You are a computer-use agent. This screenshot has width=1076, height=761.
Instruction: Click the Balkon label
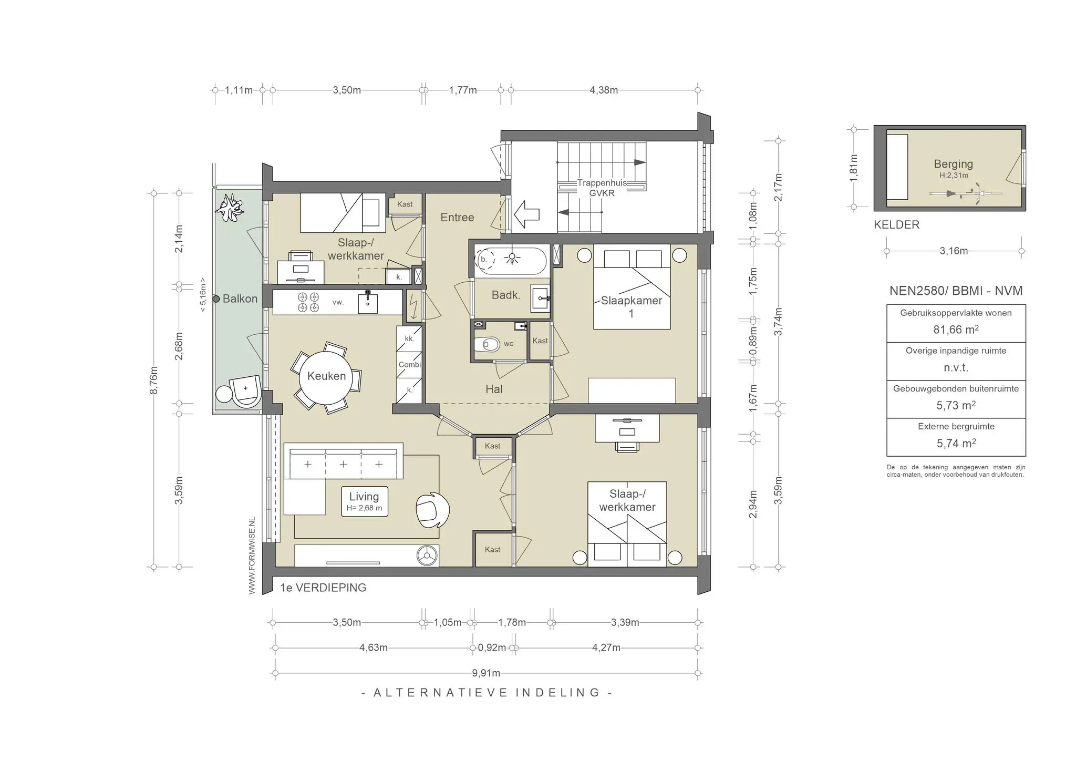[x=240, y=299]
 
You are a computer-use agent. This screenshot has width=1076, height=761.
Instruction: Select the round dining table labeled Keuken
[x=326, y=376]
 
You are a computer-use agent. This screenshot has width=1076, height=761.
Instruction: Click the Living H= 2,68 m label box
[x=364, y=501]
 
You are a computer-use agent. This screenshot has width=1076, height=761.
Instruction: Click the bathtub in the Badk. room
[x=511, y=260]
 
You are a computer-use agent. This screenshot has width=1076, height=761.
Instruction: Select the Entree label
[x=457, y=217]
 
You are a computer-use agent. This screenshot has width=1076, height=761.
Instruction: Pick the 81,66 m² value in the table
[x=956, y=330]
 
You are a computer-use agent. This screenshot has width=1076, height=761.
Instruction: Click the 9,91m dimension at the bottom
[x=486, y=673]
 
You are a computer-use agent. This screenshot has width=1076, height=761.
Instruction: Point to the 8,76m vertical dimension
[x=154, y=380]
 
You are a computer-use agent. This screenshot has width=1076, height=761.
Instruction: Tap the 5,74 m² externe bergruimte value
[x=956, y=443]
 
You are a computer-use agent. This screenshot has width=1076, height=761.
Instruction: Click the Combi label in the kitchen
[x=409, y=364]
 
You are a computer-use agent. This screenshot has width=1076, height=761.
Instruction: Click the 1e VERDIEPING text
[x=323, y=588]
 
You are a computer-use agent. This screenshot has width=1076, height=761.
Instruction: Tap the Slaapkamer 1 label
[x=631, y=307]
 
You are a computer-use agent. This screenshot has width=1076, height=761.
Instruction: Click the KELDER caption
[x=896, y=225]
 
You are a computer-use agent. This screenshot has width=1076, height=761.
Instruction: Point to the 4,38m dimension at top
[x=603, y=90]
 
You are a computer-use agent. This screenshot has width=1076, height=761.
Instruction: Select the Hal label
[x=494, y=389]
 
